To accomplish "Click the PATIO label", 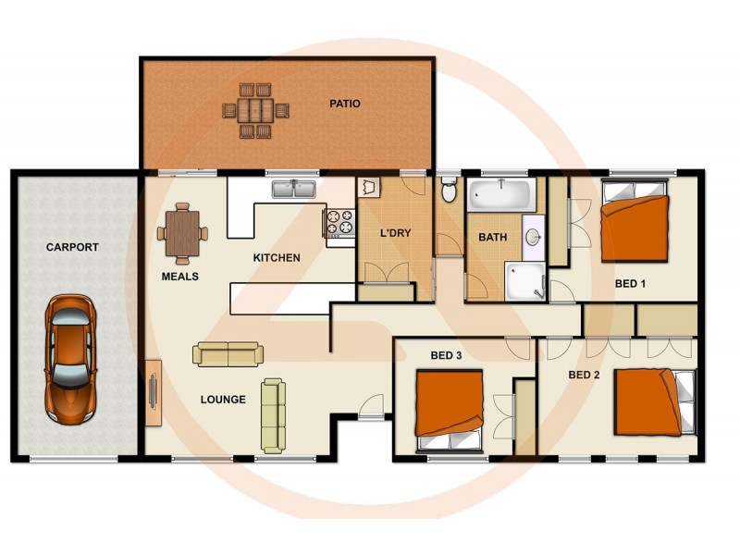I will (x=344, y=104).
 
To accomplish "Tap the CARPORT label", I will (x=72, y=248).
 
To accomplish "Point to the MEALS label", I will (x=179, y=276).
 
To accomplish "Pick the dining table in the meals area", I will (x=183, y=232).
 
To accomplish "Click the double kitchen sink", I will (x=293, y=191).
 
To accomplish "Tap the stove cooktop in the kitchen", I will (x=338, y=223).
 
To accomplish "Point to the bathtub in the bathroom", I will (x=500, y=195).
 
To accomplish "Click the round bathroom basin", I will (x=534, y=238).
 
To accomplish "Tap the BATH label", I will (x=492, y=238).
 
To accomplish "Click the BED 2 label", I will (x=585, y=375).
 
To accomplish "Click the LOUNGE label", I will (x=223, y=400).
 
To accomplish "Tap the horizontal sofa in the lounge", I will (x=228, y=353).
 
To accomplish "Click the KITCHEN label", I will (x=277, y=257).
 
